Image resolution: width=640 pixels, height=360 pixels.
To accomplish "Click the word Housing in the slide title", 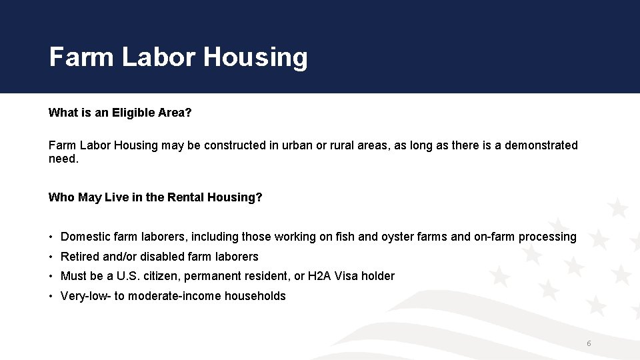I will click(x=255, y=58).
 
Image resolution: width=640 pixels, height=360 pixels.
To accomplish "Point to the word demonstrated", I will click(x=541, y=145).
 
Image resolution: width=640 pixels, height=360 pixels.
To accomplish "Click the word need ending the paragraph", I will click(x=62, y=159).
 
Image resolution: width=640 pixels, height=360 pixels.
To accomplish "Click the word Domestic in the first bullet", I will click(x=86, y=237).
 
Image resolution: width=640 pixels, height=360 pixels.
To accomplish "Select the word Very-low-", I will click(x=85, y=296).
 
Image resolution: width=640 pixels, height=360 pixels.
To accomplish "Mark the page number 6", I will click(x=589, y=343).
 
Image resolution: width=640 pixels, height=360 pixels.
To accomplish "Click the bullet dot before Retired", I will click(x=51, y=257).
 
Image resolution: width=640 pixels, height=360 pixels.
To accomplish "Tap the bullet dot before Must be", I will click(x=51, y=276).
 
